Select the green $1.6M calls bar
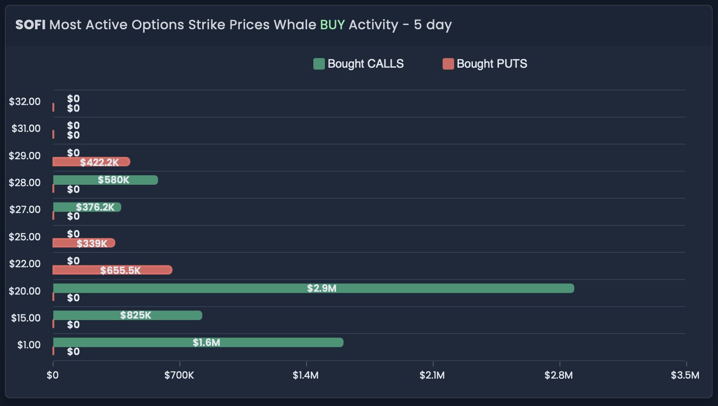click(x=198, y=342)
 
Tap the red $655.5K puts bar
click(x=112, y=270)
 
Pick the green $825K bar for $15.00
click(x=127, y=315)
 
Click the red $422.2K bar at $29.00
click(x=91, y=162)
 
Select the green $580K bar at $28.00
click(x=105, y=180)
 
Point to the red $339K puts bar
click(x=84, y=243)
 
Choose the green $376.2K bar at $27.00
click(x=87, y=207)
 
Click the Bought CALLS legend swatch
click(x=319, y=64)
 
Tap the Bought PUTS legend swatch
click(x=448, y=64)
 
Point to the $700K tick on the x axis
click(x=179, y=375)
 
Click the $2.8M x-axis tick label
click(x=558, y=375)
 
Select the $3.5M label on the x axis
click(x=685, y=375)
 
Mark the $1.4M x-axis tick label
click(x=306, y=375)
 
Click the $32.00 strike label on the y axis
click(x=25, y=102)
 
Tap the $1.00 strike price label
click(x=29, y=345)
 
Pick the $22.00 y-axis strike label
click(x=25, y=264)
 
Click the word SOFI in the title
click(x=30, y=25)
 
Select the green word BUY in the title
click(x=333, y=25)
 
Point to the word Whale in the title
click(x=295, y=25)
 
